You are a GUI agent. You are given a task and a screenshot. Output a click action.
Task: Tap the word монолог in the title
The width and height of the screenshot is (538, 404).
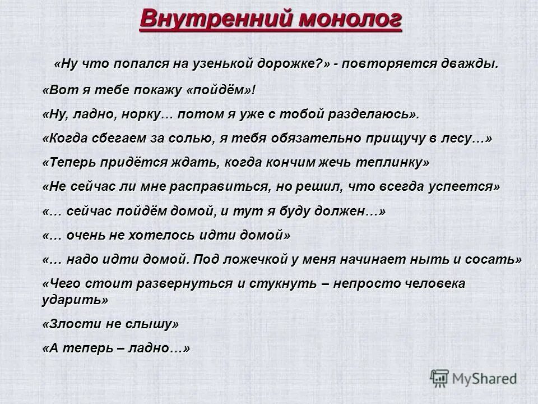pyautogui.click(x=349, y=18)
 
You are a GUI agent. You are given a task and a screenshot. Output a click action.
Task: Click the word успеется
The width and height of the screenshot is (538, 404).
pyautogui.click(x=465, y=187)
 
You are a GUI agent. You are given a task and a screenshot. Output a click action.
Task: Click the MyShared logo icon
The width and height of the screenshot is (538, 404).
pyautogui.click(x=440, y=378)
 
